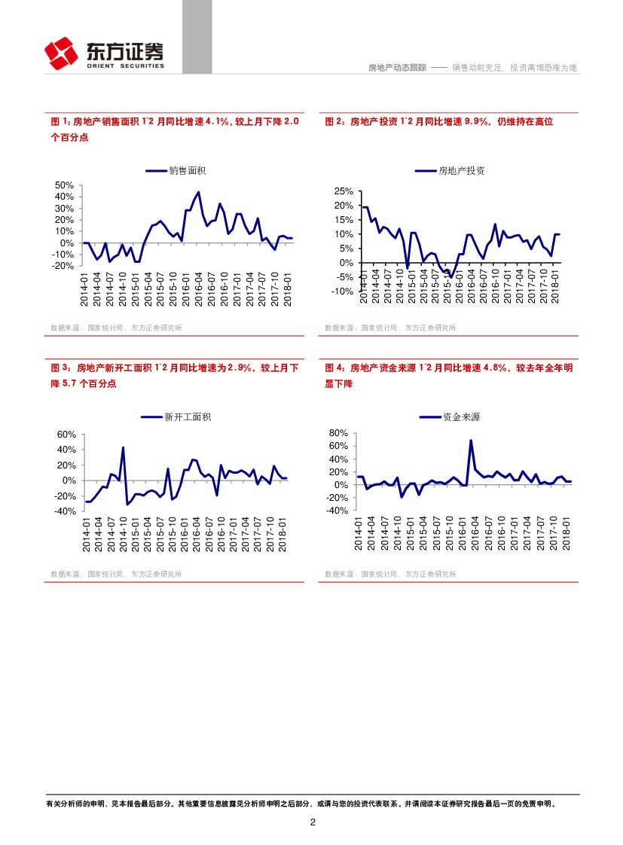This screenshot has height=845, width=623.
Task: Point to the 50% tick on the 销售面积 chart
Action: tap(64, 185)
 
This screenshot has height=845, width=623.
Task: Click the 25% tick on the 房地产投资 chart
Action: tap(344, 191)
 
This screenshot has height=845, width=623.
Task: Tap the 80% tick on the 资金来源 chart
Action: tap(337, 433)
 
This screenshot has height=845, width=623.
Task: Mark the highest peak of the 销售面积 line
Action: tap(198, 192)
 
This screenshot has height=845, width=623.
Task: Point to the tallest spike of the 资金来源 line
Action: tap(471, 441)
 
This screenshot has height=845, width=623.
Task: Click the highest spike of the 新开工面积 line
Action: tap(123, 447)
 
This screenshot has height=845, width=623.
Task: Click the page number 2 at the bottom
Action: tap(312, 822)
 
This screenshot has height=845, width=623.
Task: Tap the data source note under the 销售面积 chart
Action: tap(116, 328)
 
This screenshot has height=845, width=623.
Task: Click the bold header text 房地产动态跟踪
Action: tap(396, 68)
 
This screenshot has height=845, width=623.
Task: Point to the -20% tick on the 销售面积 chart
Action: tap(63, 266)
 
